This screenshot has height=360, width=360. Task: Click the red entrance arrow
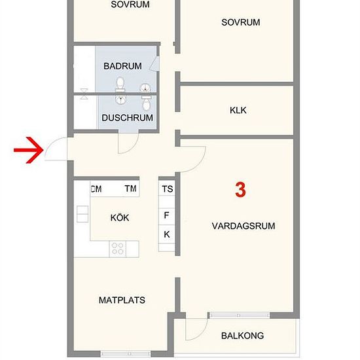coord(28,152)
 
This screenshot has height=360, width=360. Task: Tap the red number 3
coord(240,190)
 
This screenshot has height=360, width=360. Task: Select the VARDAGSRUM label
coord(243,226)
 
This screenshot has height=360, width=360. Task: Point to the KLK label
coord(238,111)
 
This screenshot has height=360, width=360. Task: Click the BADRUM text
coord(122,66)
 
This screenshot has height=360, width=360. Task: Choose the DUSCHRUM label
coord(127,118)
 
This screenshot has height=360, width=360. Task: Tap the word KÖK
coord(119,217)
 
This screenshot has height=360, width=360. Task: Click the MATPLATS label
coord(122,300)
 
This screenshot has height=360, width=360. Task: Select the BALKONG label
coord(242,336)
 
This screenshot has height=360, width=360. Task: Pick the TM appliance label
coord(131,189)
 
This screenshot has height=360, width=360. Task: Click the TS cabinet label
coord(168,189)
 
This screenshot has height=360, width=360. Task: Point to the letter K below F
coord(167,234)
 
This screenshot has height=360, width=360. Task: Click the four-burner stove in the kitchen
coord(118,248)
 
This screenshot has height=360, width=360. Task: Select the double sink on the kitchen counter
coord(82,214)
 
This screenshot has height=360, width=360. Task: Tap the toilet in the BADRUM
coord(120,84)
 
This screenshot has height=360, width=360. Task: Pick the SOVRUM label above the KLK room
coord(240,22)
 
